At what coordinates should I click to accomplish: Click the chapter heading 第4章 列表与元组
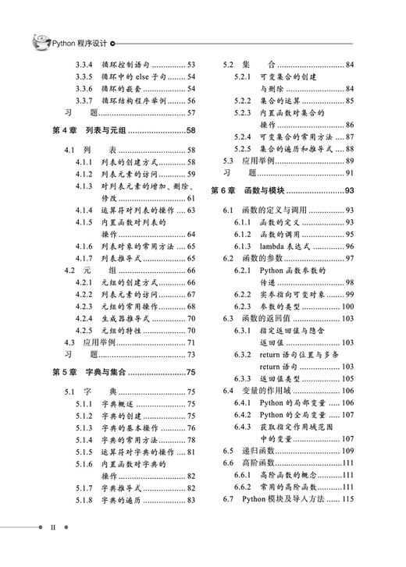click(x=99, y=130)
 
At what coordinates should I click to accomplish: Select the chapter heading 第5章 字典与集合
click(x=99, y=374)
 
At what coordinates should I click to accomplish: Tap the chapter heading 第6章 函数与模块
click(x=262, y=190)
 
